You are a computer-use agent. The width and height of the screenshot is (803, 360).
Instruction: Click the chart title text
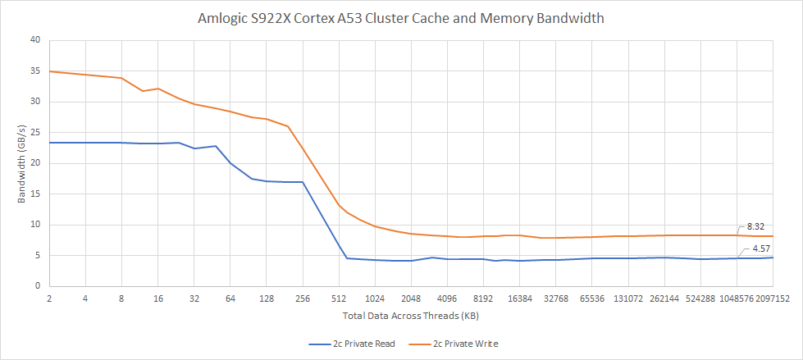pos(400,18)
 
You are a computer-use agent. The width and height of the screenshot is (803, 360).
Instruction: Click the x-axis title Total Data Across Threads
pos(400,315)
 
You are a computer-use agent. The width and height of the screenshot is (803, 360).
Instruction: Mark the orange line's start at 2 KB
pos(50,71)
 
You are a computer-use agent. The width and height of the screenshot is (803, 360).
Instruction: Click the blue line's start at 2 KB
pos(50,143)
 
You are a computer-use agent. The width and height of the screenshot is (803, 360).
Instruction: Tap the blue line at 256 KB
pos(303,182)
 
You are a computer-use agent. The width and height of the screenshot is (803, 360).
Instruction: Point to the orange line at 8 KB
pos(121,78)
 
